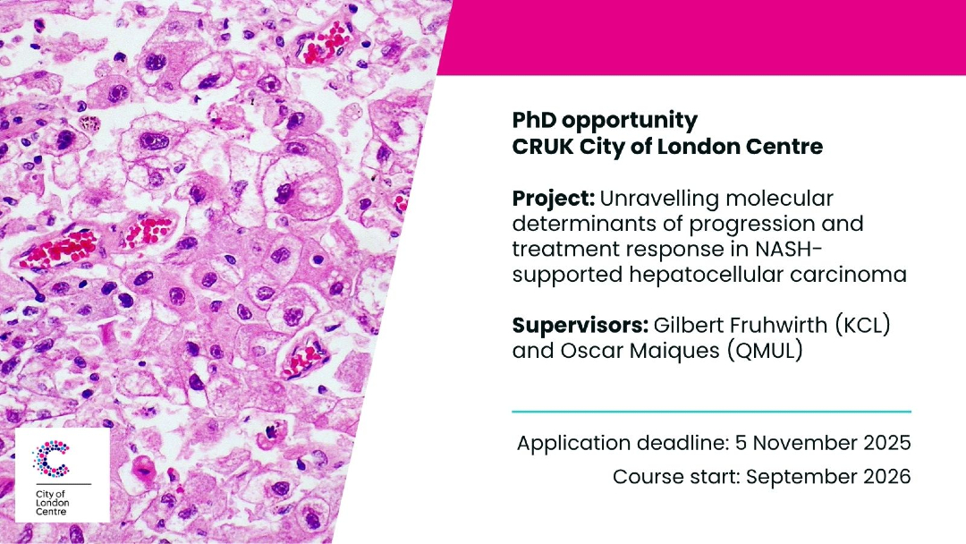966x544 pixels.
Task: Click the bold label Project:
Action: [554, 199]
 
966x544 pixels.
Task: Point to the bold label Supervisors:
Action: [580, 326]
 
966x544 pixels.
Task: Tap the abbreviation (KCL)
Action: [862, 325]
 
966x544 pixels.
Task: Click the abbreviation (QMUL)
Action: [765, 351]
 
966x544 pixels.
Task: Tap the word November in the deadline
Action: [801, 443]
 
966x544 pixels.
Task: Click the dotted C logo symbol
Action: [52, 458]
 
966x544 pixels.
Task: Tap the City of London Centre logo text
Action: [53, 503]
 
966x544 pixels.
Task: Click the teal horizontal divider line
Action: [712, 411]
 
